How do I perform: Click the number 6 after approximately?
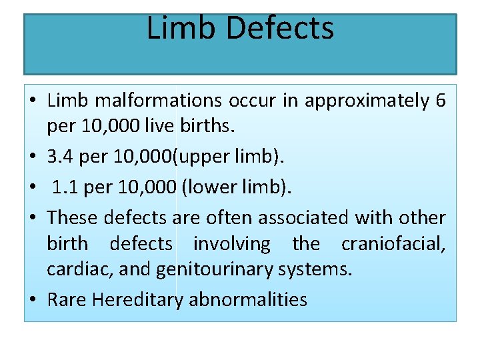coord(440,101)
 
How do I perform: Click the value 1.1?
coord(65,188)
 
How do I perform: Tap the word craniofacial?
coord(393,244)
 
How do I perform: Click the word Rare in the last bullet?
coord(67,299)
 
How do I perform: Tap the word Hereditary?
coord(137,299)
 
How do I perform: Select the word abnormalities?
coord(248,299)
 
